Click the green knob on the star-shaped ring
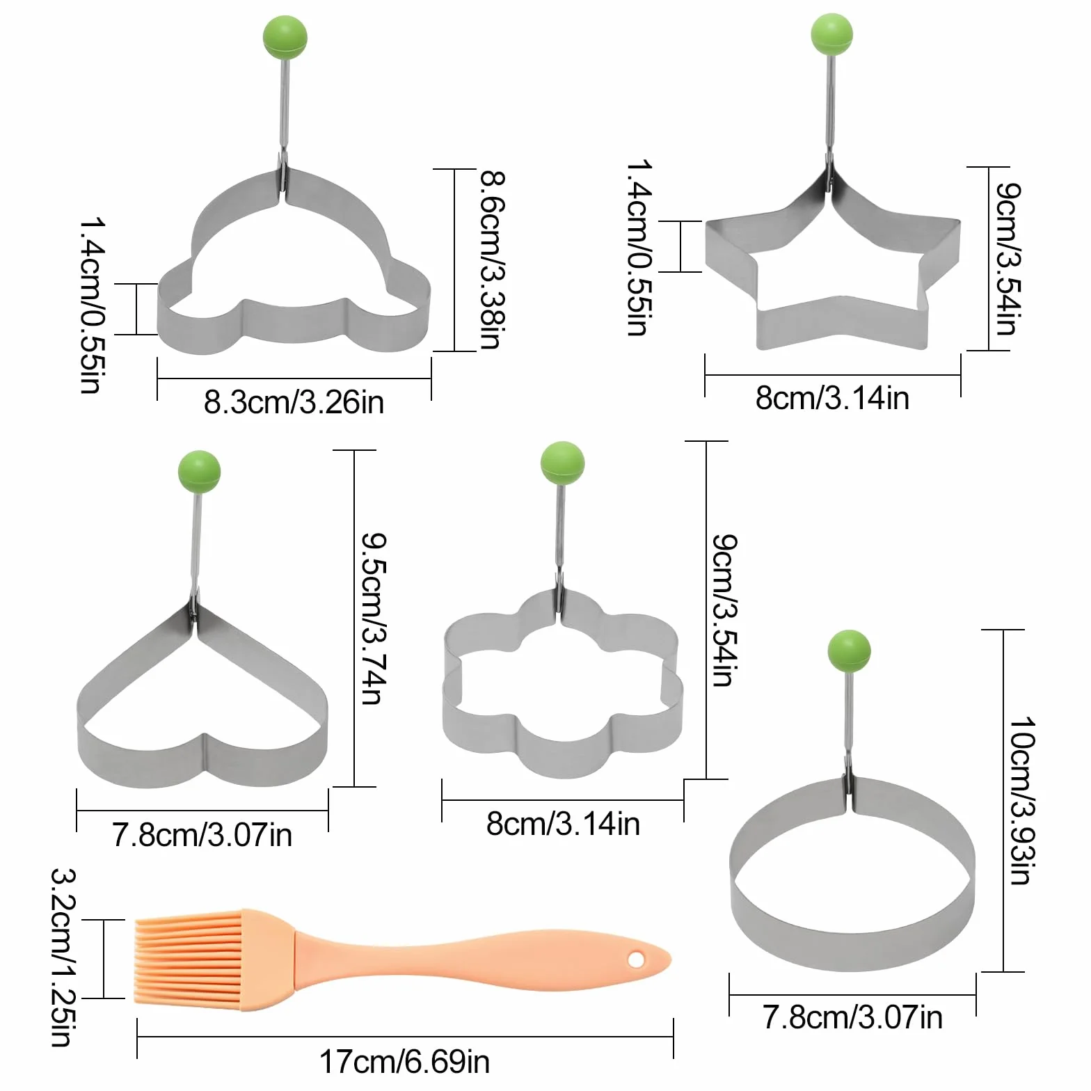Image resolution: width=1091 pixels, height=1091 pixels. (831, 34)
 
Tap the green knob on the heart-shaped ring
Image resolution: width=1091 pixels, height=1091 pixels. (200, 472)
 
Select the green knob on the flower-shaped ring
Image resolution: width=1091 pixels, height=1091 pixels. (563, 463)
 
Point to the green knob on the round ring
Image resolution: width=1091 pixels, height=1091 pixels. (850, 651)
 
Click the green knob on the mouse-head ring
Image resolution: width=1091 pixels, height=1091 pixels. (285, 37)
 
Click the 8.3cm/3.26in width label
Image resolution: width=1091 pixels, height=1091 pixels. (294, 402)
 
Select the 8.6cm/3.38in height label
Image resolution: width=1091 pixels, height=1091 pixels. (493, 260)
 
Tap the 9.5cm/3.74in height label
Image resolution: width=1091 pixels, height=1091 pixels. (374, 619)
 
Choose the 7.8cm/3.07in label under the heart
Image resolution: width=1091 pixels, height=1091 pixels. (202, 834)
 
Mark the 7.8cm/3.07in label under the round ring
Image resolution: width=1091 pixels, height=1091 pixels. (853, 1017)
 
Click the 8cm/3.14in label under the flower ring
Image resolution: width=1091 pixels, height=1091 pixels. (563, 824)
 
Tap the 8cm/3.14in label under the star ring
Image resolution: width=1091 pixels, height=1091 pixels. (832, 398)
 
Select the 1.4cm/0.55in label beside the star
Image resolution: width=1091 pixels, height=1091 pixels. (639, 248)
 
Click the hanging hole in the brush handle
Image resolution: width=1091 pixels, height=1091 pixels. (636, 960)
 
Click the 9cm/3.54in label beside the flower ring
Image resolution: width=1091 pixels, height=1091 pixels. (725, 610)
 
